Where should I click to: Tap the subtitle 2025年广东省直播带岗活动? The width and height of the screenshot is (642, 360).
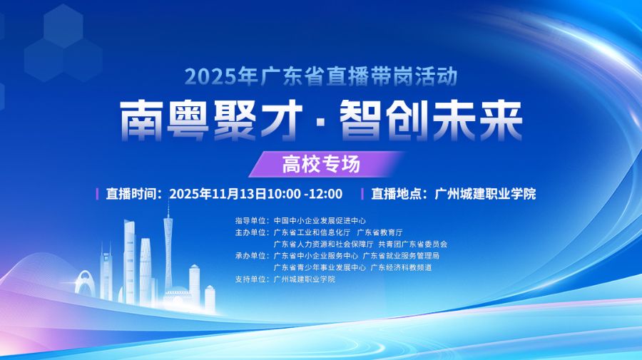click(x=321, y=76)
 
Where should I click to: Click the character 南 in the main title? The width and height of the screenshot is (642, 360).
click(x=141, y=120)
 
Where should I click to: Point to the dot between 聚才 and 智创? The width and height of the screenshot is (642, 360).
click(x=321, y=121)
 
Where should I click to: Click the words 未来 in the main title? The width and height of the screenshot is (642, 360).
click(x=477, y=120)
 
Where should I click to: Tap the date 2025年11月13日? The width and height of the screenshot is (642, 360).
click(x=218, y=193)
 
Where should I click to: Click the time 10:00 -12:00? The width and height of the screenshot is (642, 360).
click(x=305, y=193)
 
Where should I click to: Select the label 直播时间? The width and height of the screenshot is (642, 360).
click(x=131, y=193)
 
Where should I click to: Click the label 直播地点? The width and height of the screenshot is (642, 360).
click(x=397, y=193)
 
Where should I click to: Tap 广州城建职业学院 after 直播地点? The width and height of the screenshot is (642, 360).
click(x=485, y=193)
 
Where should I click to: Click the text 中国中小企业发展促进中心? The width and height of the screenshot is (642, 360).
click(x=320, y=220)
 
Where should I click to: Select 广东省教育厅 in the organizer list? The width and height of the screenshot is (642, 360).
click(x=380, y=232)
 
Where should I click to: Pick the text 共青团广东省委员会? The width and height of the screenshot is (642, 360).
click(x=413, y=245)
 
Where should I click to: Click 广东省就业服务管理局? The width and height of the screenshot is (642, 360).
click(x=401, y=256)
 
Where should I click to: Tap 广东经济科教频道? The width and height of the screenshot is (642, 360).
click(x=401, y=267)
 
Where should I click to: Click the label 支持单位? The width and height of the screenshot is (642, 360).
click(x=250, y=279)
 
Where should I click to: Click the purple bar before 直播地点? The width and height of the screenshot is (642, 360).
click(x=362, y=193)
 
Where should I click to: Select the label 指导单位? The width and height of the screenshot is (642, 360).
click(x=250, y=220)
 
